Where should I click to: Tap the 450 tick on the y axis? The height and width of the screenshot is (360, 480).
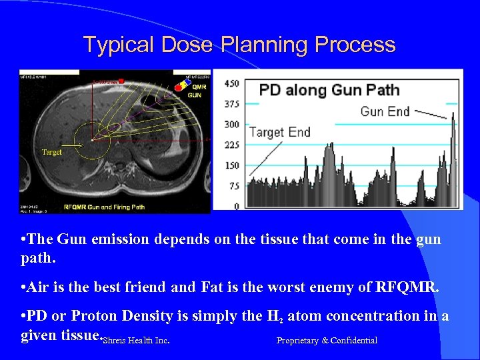tap(231, 83)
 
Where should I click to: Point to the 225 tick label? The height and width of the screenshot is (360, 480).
tap(231, 145)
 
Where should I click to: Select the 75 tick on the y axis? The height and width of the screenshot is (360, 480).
tap(233, 186)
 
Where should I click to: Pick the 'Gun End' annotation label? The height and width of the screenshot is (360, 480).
tap(385, 111)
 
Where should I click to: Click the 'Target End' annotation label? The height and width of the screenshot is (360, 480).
tap(279, 131)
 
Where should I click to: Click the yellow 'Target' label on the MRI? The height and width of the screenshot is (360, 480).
tap(51, 152)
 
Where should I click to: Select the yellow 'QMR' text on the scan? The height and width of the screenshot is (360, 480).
tap(198, 87)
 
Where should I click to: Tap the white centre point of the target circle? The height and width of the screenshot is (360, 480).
tap(92, 140)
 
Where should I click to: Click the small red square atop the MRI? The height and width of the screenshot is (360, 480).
tap(121, 81)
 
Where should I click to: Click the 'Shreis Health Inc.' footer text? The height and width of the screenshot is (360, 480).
tap(137, 341)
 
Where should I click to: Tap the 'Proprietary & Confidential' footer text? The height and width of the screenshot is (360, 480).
tap(327, 341)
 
